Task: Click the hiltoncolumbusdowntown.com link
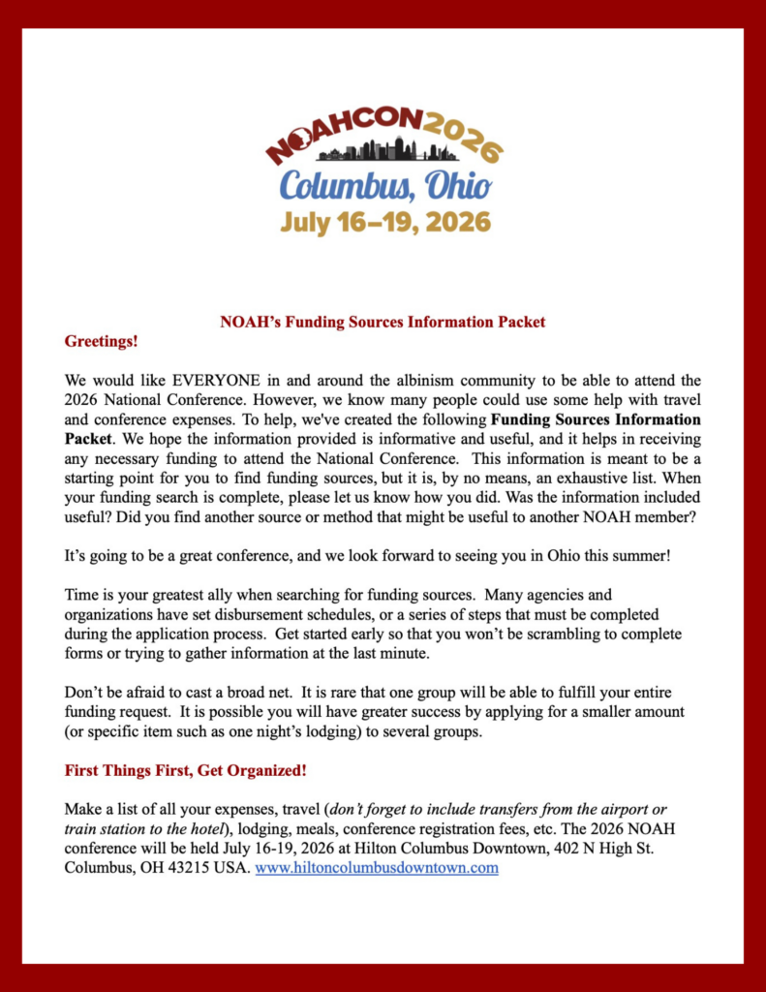377,868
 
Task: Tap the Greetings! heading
101,341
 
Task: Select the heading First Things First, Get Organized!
185,771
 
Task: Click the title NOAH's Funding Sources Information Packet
383,322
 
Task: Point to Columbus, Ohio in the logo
385,184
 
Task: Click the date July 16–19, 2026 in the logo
385,222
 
